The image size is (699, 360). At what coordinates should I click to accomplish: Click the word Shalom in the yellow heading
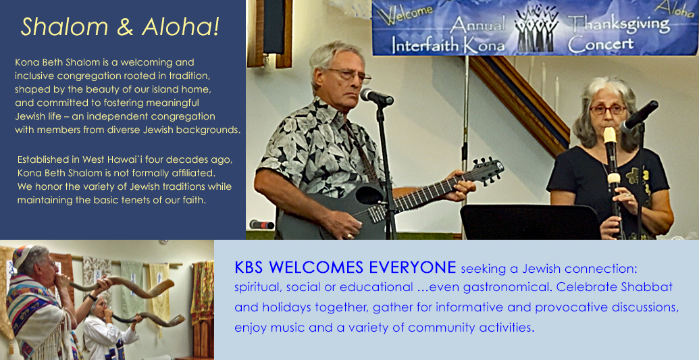tap(65, 27)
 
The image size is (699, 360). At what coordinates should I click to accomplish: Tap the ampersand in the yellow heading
tap(125, 27)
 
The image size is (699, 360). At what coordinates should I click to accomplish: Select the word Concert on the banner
tap(600, 44)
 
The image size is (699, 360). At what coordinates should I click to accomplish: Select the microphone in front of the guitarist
tap(377, 97)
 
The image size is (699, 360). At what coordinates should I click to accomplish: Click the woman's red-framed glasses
tap(607, 109)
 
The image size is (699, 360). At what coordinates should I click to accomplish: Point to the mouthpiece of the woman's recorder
tap(609, 134)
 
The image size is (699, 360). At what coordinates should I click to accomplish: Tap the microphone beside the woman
tap(640, 116)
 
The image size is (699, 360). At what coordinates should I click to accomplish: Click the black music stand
tap(530, 222)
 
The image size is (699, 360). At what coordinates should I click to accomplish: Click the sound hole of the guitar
tap(369, 195)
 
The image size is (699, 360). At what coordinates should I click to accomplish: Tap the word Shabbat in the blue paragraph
tap(647, 287)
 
